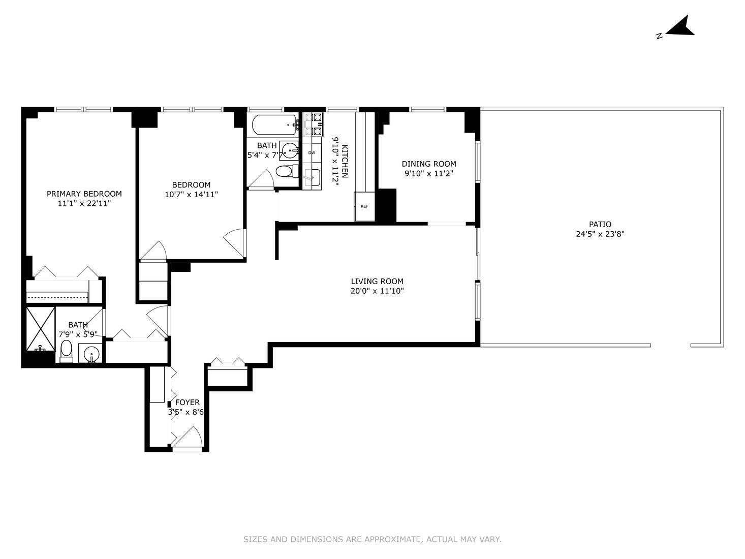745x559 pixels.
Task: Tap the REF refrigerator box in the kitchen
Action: click(364, 206)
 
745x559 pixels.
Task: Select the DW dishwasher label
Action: click(312, 152)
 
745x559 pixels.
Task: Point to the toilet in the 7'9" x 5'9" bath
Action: click(66, 351)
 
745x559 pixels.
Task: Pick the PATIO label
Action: click(600, 224)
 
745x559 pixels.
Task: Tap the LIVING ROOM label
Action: click(377, 281)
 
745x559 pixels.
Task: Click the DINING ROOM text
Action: click(429, 164)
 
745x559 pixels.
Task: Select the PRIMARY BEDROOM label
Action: click(84, 194)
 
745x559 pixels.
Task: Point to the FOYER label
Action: click(187, 402)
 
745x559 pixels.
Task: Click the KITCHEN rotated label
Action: click(345, 162)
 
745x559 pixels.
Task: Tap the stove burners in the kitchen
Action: click(313, 125)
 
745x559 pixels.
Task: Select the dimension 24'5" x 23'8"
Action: click(600, 234)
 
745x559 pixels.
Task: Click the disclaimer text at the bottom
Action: click(372, 539)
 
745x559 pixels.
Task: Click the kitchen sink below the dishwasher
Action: click(312, 177)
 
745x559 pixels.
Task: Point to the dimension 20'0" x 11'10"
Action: click(377, 291)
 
